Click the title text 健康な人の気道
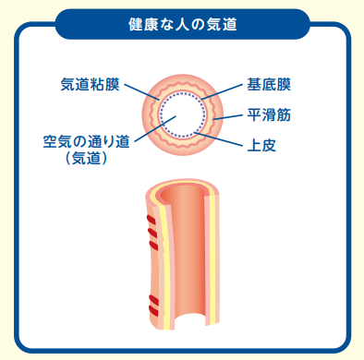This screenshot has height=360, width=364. tap(181, 21)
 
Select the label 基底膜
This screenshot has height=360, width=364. tap(269, 85)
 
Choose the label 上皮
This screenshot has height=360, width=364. tap(261, 146)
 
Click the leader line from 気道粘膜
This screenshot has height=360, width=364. tap(140, 91)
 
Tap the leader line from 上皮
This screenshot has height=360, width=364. tap(223, 139)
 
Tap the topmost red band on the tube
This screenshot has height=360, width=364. tap(150, 219)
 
